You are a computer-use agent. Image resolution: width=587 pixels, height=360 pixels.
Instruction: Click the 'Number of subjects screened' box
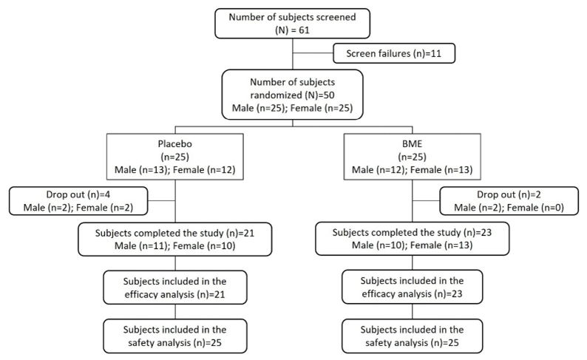pos(293,21)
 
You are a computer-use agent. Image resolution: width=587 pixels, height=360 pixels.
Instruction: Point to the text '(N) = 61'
pos(293,28)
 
